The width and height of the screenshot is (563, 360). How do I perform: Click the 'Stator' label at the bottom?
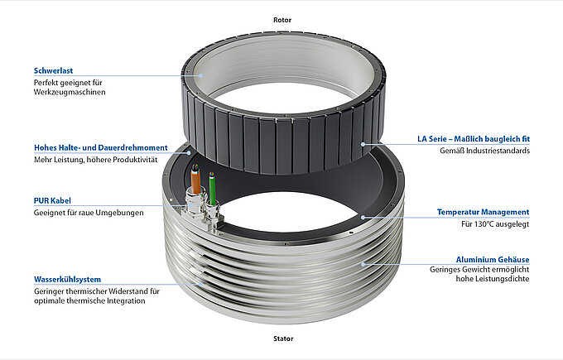click(x=281, y=338)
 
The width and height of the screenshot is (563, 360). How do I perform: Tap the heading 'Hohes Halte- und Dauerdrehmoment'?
click(x=100, y=147)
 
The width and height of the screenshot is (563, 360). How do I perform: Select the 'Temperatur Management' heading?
click(x=484, y=212)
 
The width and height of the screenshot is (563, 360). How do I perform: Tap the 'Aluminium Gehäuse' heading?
click(x=492, y=259)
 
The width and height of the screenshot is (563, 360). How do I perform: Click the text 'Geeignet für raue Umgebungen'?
click(x=89, y=213)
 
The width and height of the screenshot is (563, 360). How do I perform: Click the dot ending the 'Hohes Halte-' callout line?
click(x=190, y=152)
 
